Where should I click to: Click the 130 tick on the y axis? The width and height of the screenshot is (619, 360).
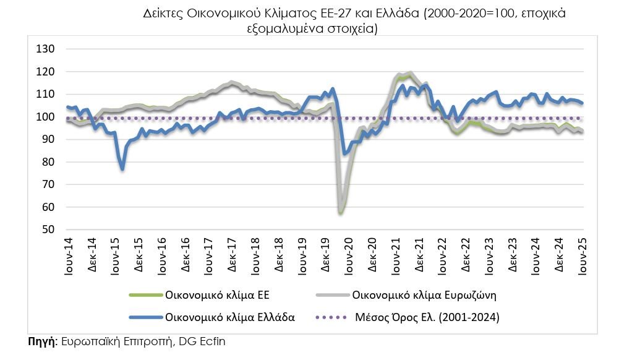point(46,49)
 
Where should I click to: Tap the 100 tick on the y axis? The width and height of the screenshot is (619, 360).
point(46,117)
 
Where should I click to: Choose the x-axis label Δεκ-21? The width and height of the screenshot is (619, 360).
point(418,254)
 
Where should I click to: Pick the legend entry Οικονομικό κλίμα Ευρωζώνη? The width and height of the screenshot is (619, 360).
point(424,295)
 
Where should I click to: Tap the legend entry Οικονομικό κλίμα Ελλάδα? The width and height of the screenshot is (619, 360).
point(229,317)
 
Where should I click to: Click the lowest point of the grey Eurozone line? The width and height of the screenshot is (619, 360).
point(341,212)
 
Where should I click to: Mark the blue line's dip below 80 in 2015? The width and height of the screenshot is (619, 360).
point(122,168)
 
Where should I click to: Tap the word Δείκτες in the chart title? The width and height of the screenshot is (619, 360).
point(161,14)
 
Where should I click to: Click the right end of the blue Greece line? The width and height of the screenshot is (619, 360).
point(583,103)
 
